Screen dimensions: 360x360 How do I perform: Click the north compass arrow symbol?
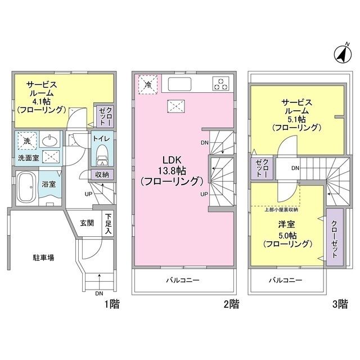point(340,54)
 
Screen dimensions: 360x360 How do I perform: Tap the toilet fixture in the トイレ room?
point(102,152)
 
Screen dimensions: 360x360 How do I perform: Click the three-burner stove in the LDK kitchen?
point(220,84)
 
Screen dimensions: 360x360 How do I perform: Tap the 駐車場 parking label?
point(43,258)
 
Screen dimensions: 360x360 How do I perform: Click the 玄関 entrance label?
point(86,223)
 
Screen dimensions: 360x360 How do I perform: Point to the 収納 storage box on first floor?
point(102,175)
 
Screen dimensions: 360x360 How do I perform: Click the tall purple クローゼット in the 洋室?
point(334,234)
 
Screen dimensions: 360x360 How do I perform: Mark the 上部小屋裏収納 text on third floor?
point(281,209)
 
